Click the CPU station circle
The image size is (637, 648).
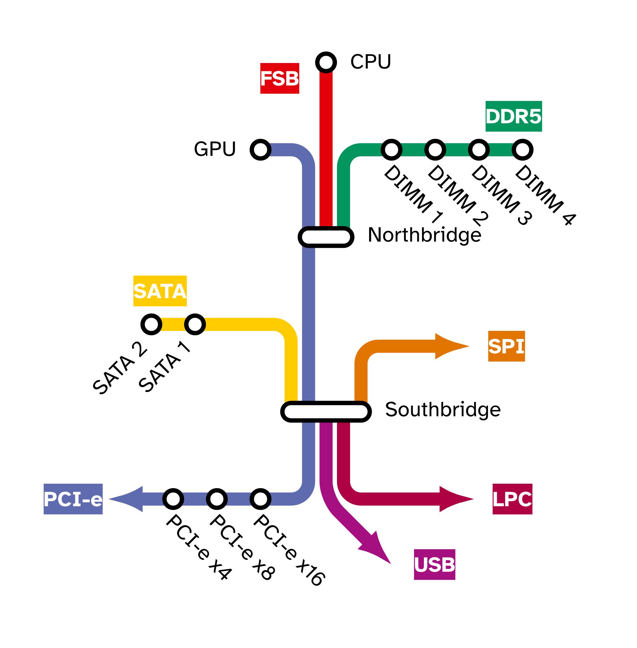coord(326,62)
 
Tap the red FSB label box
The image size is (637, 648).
coord(280,78)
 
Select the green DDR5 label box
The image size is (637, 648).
coord(513,116)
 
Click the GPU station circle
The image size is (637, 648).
coord(260,150)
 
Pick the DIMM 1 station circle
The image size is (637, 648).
coord(391,150)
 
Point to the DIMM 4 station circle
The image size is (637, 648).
coord(522,150)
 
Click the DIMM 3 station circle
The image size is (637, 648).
coord(479,150)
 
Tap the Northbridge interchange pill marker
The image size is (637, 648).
coord(326,237)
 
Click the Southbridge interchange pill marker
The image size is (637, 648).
coord(326,411)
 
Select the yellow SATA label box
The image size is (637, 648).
coord(160,291)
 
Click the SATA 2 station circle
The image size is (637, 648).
coord(151,324)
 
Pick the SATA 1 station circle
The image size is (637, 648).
coord(195,324)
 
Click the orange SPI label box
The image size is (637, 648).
coord(506,346)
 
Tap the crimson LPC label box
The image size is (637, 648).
coord(512,499)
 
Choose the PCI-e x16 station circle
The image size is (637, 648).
coord(260,499)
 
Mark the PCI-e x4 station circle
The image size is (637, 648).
coord(173,499)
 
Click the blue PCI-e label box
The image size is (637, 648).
coord(73,499)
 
